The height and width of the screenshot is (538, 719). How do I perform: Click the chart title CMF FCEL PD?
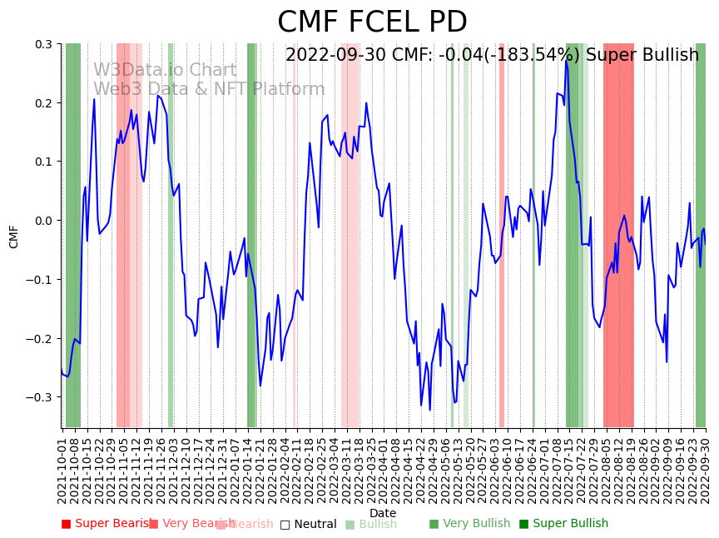(372, 22)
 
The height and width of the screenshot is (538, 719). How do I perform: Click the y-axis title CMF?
(14, 236)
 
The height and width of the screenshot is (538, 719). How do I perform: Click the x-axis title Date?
(383, 513)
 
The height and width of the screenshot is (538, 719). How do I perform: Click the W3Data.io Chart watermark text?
(165, 71)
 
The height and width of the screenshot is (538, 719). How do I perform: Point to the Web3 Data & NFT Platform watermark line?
(209, 89)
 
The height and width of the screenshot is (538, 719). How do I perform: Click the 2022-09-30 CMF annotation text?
(492, 55)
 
